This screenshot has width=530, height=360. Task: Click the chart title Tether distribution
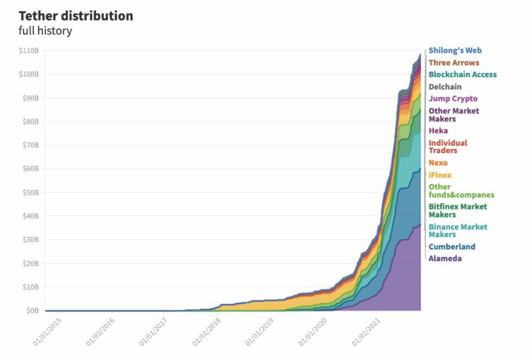click(x=76, y=16)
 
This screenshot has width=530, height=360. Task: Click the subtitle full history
click(x=45, y=31)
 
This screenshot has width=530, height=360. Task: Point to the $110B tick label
click(x=29, y=51)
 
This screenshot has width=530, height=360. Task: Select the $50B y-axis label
click(x=30, y=192)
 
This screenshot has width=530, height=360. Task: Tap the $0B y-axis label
click(x=32, y=311)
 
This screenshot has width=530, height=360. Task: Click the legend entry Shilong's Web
click(x=455, y=51)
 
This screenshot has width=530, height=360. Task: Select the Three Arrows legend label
click(x=454, y=63)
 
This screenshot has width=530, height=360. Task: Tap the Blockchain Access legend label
click(x=462, y=74)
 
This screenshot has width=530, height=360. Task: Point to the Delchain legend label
click(x=445, y=87)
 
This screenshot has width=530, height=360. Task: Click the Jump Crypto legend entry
click(x=453, y=99)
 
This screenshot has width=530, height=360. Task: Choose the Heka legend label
click(x=438, y=131)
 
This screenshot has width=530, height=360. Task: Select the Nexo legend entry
click(x=438, y=163)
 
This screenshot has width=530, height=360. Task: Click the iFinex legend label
click(x=440, y=175)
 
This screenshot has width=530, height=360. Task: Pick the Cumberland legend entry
click(x=452, y=246)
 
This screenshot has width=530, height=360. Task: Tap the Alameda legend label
click(x=445, y=259)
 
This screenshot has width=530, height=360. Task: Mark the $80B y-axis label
click(x=30, y=121)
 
